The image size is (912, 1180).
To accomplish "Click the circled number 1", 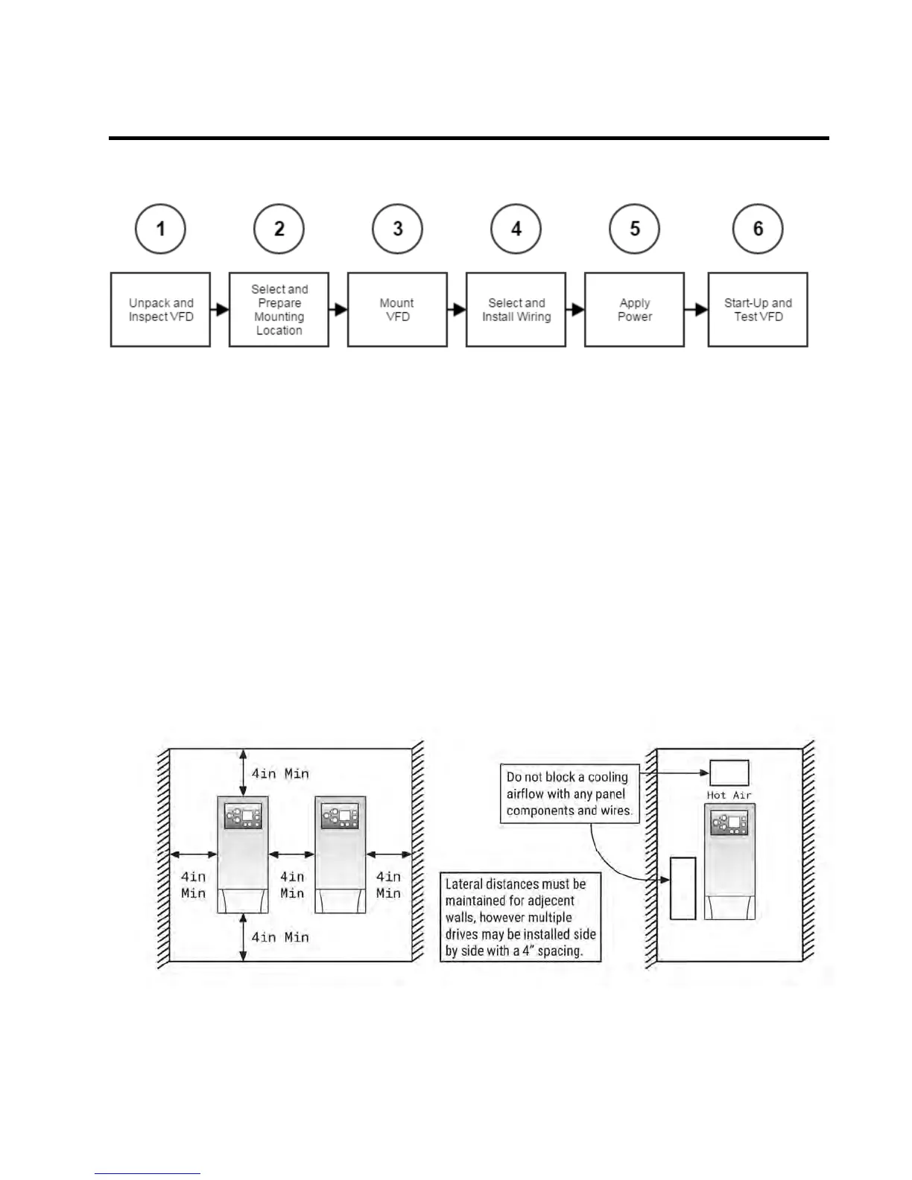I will [160, 229].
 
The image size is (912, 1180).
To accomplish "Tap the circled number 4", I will [516, 229].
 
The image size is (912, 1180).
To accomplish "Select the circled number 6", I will [758, 229].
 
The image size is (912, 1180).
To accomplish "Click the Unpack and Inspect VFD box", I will [160, 309].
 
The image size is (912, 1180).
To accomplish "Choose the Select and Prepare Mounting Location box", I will [279, 309].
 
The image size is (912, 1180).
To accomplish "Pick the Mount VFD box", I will [397, 309].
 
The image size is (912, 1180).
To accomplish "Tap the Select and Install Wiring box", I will [516, 309].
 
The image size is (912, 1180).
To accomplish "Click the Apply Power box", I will [634, 309].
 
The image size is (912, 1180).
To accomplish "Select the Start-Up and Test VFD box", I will [758, 309].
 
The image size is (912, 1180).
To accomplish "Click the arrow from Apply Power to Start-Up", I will [696, 309].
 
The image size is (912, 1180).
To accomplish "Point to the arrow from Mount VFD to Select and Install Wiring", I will [457, 309].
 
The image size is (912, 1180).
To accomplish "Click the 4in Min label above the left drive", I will [280, 773].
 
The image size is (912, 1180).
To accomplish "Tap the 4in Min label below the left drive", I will [280, 937].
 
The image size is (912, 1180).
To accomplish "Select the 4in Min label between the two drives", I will [292, 884].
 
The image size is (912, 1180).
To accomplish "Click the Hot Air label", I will [729, 795].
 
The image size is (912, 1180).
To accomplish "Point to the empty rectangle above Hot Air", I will [729, 773].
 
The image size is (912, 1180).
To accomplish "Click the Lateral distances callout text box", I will [520, 917].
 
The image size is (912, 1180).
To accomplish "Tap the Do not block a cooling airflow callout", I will [569, 793].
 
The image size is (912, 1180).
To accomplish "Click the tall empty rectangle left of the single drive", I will [683, 888].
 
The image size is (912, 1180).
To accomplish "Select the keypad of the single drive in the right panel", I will [729, 822].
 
